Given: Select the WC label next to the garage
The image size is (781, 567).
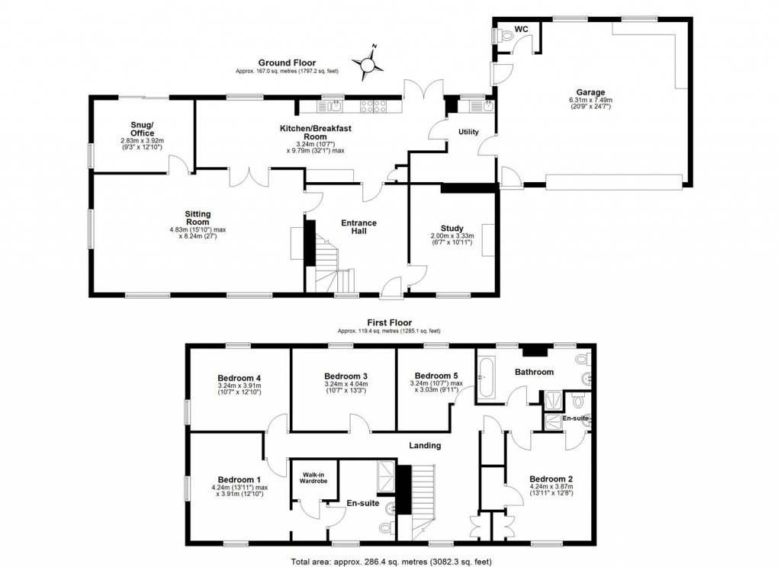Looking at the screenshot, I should point(522,29).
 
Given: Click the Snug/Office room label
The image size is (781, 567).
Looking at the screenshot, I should point(142,129).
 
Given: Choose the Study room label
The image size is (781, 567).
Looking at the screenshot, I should point(452,228).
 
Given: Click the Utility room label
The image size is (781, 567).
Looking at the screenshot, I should point(468,132).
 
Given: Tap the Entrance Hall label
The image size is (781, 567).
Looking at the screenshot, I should point(358,226).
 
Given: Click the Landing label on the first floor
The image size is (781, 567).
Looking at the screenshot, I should point(425,445).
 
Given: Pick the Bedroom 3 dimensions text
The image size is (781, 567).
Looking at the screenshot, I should point(346,389).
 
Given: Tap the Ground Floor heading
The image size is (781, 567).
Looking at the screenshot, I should point(286,63).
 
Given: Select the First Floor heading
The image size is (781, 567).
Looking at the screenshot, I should point(389,322).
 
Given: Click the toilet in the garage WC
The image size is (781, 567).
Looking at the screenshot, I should point(506,34).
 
